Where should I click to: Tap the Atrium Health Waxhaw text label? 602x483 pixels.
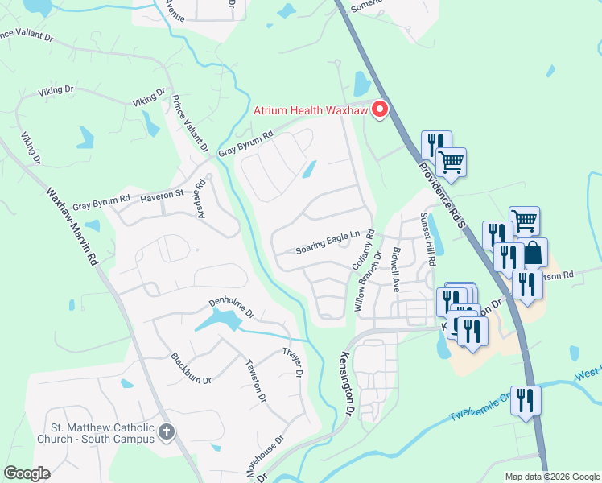(x=311, y=110)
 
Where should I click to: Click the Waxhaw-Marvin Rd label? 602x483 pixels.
(x=72, y=228)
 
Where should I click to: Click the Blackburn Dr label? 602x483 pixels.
(x=191, y=368)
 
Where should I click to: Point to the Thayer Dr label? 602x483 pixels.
(x=292, y=363)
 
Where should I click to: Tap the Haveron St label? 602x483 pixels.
(x=163, y=196)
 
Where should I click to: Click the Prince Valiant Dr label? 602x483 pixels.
(x=190, y=125)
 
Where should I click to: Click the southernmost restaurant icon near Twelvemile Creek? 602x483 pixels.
(x=526, y=401)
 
